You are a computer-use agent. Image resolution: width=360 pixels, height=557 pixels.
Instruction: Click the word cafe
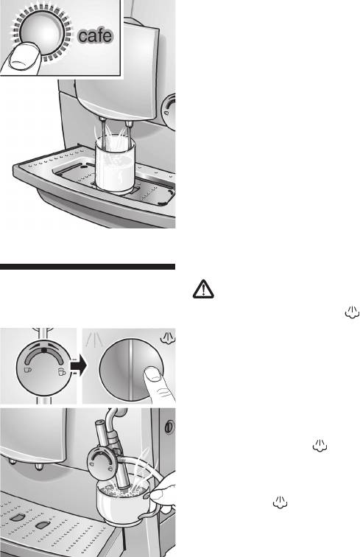[95, 36]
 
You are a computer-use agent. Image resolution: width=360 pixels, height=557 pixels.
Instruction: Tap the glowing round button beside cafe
[42, 32]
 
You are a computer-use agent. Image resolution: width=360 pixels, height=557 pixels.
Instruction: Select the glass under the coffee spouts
[115, 164]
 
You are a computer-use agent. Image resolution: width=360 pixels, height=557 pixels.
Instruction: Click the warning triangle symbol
[203, 289]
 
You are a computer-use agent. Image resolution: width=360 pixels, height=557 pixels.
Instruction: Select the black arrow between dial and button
[79, 367]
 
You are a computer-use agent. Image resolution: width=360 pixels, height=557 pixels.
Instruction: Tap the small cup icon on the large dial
[28, 369]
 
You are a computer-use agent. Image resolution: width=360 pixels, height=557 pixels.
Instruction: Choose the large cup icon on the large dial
[62, 371]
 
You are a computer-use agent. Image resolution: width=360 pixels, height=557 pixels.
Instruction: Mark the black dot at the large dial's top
[44, 350]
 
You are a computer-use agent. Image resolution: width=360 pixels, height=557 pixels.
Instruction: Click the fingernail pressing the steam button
[153, 374]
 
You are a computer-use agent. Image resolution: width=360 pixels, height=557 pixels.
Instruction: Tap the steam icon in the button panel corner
[167, 337]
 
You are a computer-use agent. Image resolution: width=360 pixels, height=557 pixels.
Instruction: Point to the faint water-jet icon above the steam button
[93, 340]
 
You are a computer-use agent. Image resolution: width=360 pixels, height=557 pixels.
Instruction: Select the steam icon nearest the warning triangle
[352, 312]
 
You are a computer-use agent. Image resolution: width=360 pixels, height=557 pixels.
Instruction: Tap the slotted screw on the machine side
[169, 427]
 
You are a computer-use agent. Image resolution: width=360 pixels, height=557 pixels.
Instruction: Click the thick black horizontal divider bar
[88, 267]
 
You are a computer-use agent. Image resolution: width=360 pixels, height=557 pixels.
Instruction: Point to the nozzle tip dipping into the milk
[124, 484]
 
